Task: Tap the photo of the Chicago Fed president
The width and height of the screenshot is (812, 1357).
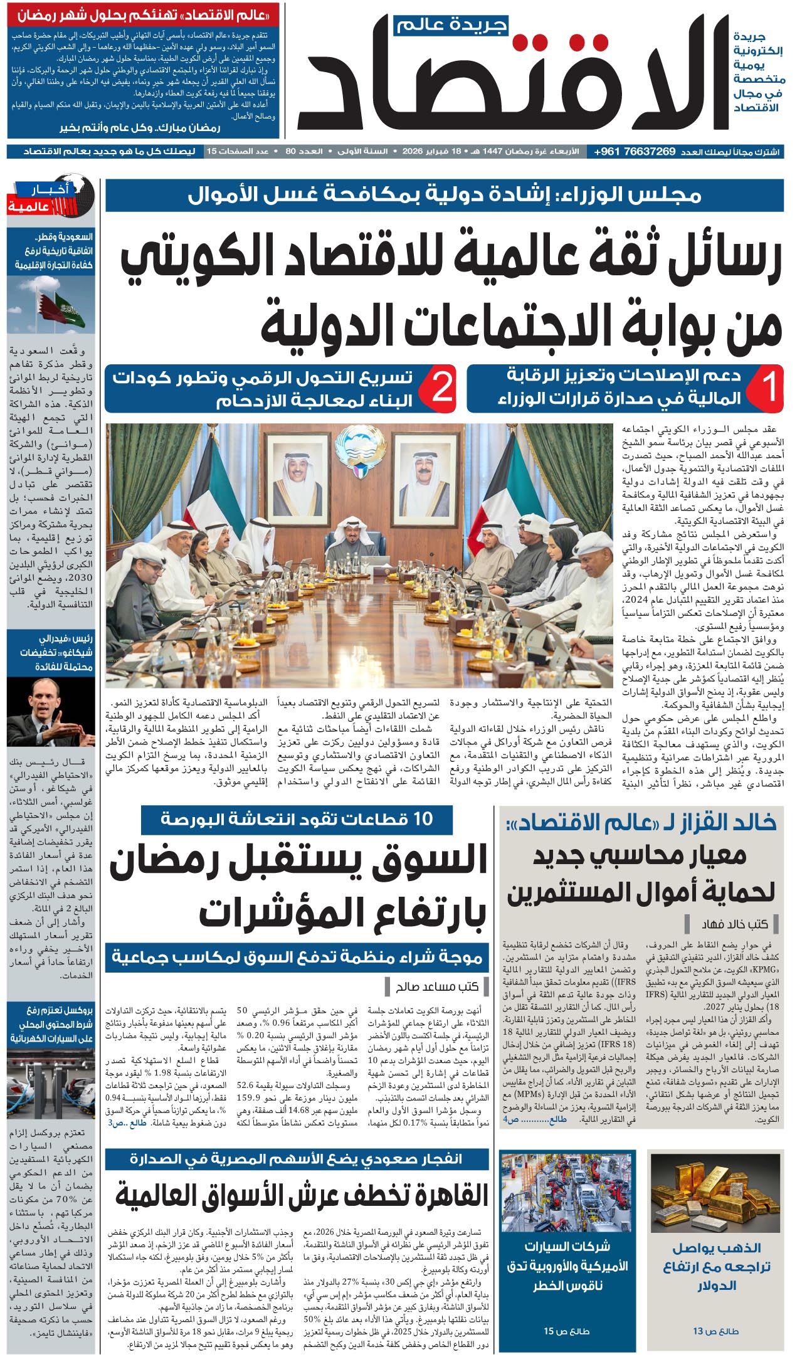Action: point(51,711)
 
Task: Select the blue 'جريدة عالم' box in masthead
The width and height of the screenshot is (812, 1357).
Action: point(451,26)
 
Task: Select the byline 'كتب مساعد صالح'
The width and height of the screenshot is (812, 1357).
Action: point(438,986)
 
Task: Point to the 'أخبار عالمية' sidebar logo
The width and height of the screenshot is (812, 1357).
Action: point(51,197)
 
